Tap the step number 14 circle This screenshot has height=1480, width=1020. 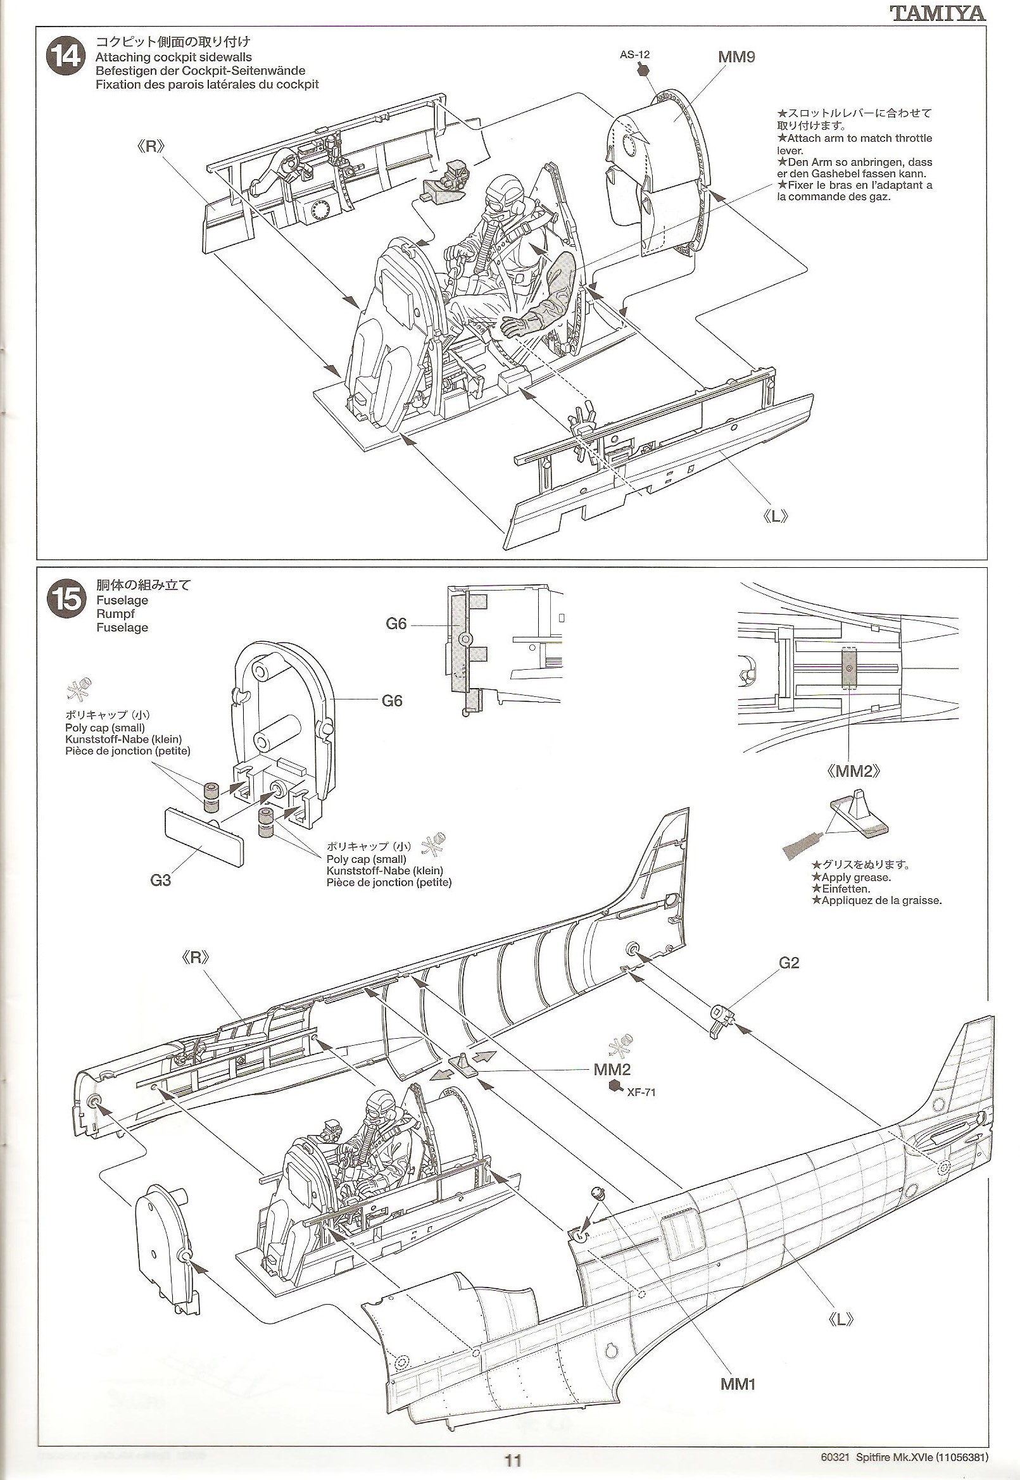(x=65, y=57)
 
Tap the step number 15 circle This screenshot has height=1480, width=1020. (x=65, y=599)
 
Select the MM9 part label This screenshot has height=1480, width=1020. (x=736, y=57)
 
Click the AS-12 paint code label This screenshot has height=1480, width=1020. (x=634, y=54)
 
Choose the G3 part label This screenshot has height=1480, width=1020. (x=160, y=880)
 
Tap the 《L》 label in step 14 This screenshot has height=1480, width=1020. (x=776, y=517)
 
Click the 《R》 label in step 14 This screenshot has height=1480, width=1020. (x=151, y=146)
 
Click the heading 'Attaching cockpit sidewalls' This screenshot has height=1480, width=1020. (x=174, y=57)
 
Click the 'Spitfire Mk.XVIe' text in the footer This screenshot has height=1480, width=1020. (x=891, y=1453)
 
